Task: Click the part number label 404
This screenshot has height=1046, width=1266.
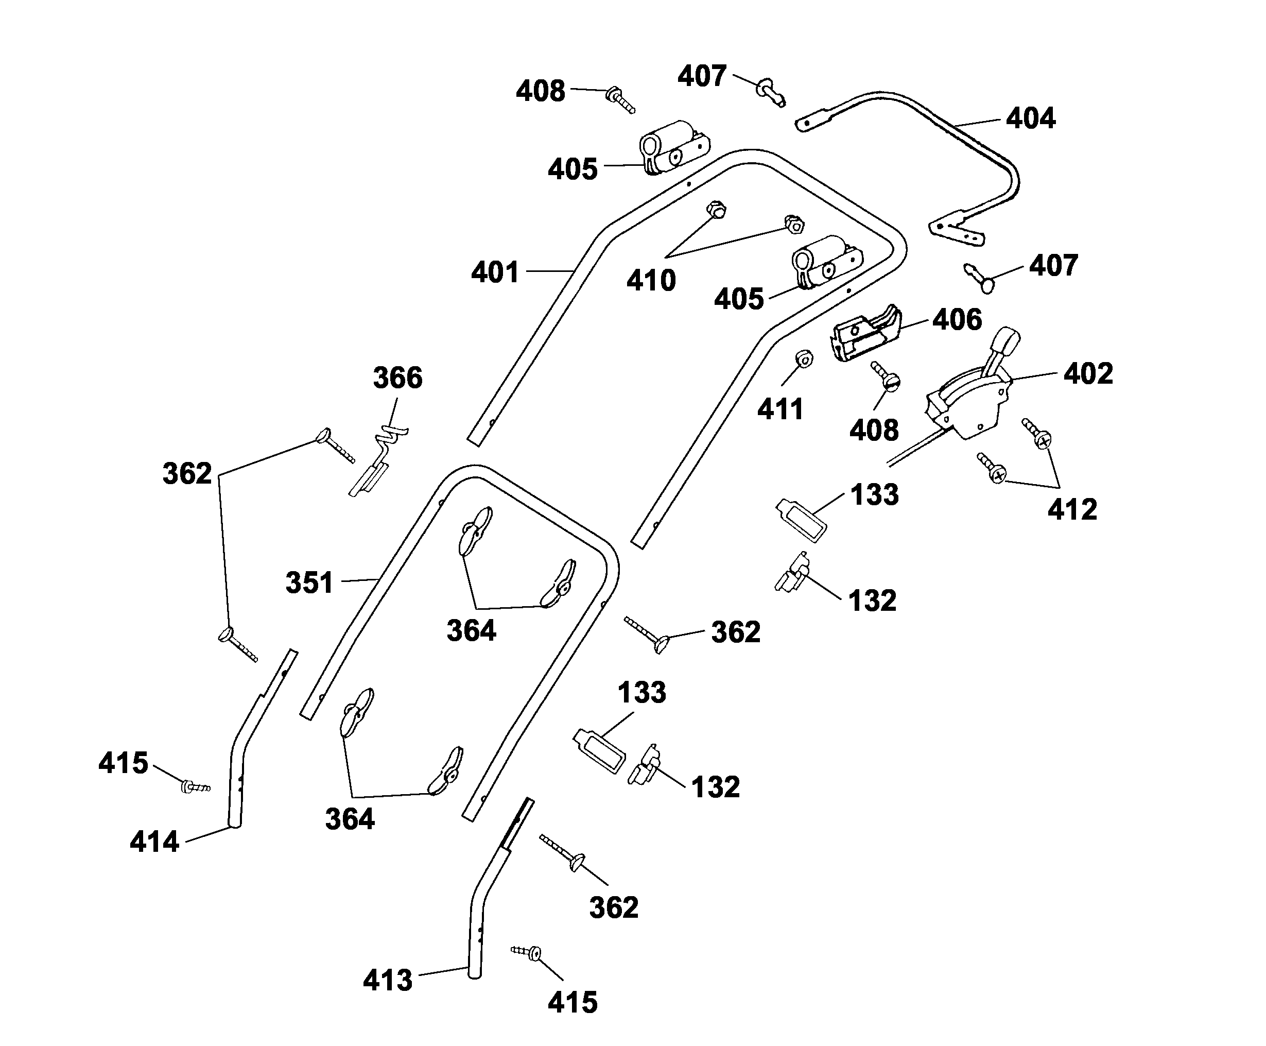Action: point(1031,118)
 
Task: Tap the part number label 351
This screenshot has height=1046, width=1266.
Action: point(309,582)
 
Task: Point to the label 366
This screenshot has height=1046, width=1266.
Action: point(397,378)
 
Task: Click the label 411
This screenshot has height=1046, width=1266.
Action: point(780,410)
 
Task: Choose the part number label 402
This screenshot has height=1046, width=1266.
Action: point(1088,373)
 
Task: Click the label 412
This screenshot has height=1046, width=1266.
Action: point(1072,510)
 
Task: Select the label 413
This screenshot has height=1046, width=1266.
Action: point(387,980)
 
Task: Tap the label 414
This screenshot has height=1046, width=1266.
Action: point(154,842)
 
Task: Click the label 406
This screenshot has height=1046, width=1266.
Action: point(957,319)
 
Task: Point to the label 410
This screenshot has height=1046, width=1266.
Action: point(651,281)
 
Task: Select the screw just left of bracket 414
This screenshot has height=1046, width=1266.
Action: point(195,787)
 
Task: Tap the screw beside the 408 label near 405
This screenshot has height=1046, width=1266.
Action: point(621,100)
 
